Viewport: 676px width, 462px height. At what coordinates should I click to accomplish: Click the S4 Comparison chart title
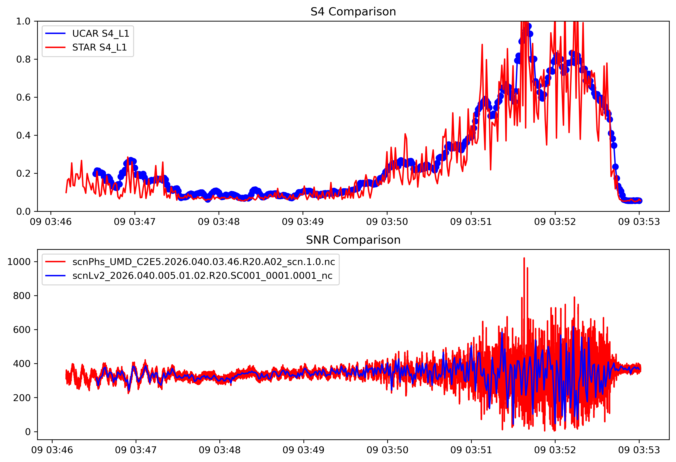pos(353,12)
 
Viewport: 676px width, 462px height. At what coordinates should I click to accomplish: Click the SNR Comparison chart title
pos(353,240)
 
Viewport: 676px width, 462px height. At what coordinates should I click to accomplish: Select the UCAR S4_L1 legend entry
pos(101,34)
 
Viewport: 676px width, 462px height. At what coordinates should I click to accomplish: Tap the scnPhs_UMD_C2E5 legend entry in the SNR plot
pos(204,262)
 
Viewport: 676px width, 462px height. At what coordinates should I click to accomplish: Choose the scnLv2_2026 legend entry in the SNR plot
pos(202,276)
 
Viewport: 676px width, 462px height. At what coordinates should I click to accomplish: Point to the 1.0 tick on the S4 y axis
pos(23,21)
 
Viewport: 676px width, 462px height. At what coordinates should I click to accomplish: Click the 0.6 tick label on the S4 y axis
pos(23,97)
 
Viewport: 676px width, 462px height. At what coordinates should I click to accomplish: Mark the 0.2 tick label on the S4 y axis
pos(23,174)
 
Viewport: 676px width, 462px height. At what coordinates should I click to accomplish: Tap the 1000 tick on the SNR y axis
pos(19,262)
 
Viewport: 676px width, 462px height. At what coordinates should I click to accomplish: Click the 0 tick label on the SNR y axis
pos(28,432)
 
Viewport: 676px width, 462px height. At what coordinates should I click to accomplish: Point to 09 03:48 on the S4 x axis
pos(219,222)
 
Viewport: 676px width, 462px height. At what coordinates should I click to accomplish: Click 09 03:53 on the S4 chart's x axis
pos(639,222)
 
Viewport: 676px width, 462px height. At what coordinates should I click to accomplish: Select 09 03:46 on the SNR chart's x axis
pos(52,450)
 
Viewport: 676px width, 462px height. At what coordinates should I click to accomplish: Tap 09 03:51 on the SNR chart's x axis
pos(471,450)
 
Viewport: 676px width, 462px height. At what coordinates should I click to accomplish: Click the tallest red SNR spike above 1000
pos(524,259)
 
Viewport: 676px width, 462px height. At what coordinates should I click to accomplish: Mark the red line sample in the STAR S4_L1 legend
pos(55,47)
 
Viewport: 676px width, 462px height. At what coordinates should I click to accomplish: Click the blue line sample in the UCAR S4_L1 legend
pos(55,34)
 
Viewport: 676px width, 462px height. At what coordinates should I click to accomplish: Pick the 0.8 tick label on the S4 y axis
pos(23,59)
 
